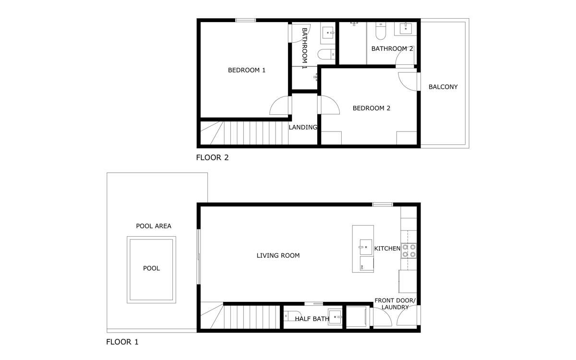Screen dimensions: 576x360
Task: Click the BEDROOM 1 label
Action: point(247,70)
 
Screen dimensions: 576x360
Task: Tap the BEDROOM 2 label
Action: point(372,108)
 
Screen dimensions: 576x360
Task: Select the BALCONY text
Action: point(443,87)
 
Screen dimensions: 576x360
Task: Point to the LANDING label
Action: point(303,127)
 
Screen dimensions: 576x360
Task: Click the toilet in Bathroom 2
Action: point(381,31)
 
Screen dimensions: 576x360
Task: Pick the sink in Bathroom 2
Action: point(406,28)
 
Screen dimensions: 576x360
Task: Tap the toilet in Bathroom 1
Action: point(326,54)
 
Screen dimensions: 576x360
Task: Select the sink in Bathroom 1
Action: point(328,33)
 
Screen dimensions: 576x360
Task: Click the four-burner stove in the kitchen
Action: point(408,251)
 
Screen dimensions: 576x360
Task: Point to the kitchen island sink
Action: point(366,247)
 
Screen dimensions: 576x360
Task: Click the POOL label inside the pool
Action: point(152,268)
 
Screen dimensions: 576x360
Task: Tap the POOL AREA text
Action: point(154,226)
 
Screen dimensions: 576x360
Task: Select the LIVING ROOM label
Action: point(278,255)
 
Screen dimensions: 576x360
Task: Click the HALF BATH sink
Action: point(336,317)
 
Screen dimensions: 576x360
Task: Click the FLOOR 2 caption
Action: point(212,157)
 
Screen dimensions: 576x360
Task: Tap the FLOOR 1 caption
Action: point(122,342)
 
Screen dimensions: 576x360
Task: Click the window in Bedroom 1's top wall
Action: point(246,20)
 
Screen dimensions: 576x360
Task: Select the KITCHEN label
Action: point(387,249)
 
